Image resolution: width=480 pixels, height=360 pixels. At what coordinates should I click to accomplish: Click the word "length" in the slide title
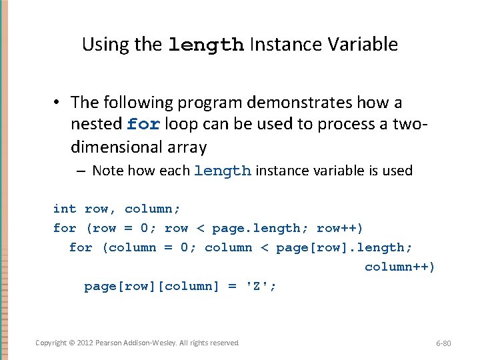(x=205, y=45)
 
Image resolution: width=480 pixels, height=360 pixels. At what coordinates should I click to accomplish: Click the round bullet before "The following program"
(x=59, y=103)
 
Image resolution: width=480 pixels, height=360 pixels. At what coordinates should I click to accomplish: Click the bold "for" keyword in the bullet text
(x=143, y=125)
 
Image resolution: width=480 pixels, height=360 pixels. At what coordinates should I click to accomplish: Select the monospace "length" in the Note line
(x=222, y=171)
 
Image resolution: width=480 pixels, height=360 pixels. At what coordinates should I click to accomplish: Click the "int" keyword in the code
(x=65, y=209)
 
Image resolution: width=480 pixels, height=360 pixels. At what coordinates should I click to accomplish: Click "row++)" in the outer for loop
(x=340, y=228)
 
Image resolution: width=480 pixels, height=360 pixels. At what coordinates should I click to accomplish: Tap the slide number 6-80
(x=443, y=343)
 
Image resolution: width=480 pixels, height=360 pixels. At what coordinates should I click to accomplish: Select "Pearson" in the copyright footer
(x=109, y=343)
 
